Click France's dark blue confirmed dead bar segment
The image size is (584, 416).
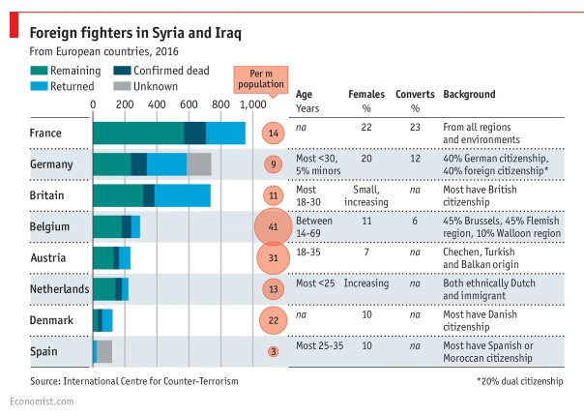click(x=195, y=134)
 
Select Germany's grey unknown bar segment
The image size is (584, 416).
click(x=199, y=164)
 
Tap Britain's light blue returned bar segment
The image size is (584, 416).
click(x=183, y=195)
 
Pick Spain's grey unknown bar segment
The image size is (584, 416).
click(x=104, y=351)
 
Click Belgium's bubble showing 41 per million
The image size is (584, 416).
click(x=273, y=226)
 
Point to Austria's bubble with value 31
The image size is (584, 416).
click(x=274, y=258)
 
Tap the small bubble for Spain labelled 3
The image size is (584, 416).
click(x=274, y=351)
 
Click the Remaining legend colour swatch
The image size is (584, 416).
click(x=39, y=71)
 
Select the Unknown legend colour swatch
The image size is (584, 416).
click(x=122, y=86)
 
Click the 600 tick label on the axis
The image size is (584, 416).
click(x=189, y=104)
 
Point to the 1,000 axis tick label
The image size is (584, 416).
click(x=253, y=104)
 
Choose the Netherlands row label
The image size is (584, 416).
click(x=60, y=289)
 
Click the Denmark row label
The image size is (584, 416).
click(x=51, y=320)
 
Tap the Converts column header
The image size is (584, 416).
click(x=415, y=94)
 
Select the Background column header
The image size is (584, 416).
click(x=469, y=94)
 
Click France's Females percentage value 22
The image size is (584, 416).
click(x=366, y=127)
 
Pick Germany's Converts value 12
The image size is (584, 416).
click(x=415, y=159)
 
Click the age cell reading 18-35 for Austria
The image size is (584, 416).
click(x=308, y=252)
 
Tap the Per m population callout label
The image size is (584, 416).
click(x=261, y=79)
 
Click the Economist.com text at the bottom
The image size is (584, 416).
click(x=42, y=401)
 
